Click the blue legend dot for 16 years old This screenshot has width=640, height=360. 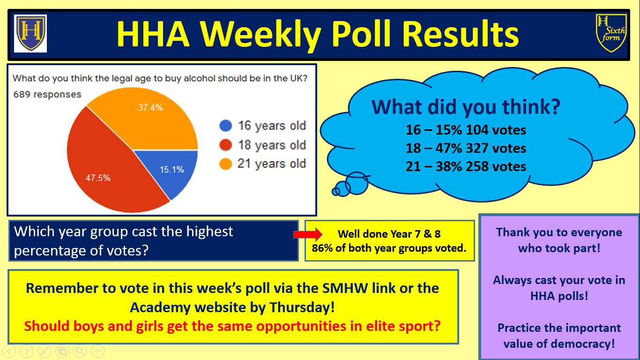pos(225,126)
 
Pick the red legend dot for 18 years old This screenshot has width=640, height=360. pos(225,145)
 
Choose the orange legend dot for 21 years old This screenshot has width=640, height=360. pos(225,164)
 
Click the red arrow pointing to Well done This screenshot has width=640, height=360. pos(308,234)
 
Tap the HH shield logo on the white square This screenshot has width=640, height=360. pos(30,33)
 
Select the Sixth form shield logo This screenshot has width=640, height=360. pos(611,33)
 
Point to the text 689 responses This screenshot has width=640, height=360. pos(47,94)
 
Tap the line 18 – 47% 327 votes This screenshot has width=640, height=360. pos(466,148)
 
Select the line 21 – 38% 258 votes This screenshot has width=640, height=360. pos(466,166)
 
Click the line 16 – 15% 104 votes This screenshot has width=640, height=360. pos(466,130)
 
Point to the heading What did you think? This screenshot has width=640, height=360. pos(466,107)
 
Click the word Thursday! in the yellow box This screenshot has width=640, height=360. pos(302,307)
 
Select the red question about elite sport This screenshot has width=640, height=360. pos(232,326)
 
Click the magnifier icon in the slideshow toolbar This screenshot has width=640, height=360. pos(80,351)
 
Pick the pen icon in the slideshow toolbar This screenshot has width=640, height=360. pos(45,351)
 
